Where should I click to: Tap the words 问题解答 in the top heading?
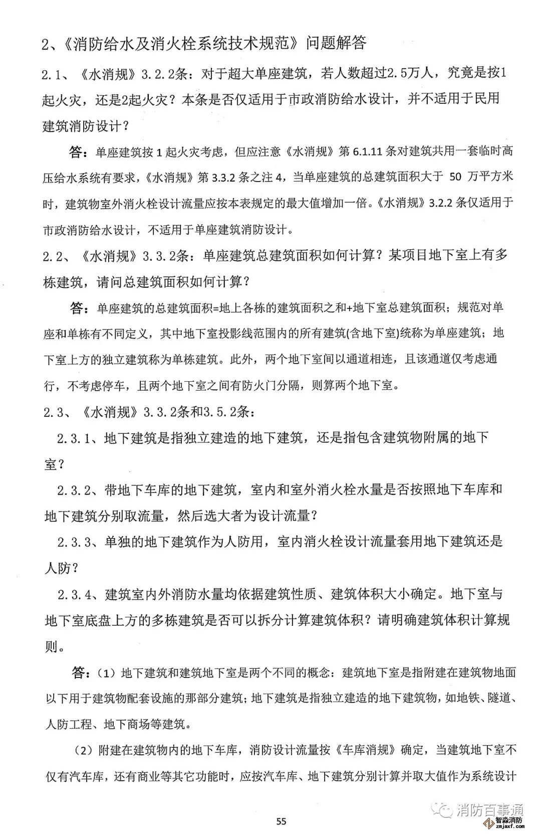coord(336,44)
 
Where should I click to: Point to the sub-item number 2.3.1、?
coord(80,438)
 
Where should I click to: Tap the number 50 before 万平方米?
coord(455,177)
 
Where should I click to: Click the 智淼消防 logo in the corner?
coord(509,822)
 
